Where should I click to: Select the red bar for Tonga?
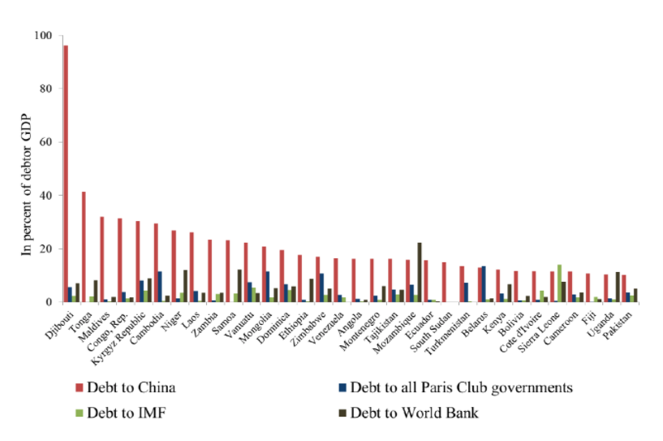pos(84,247)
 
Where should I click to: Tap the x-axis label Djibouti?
pos(54,320)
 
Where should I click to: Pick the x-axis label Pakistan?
pos(623,320)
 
